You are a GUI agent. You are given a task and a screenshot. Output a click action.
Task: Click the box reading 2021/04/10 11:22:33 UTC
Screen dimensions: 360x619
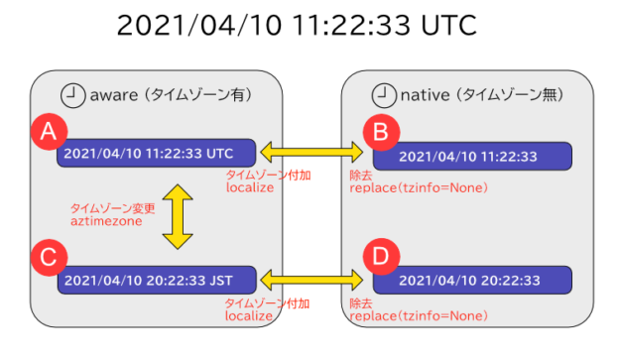point(157,154)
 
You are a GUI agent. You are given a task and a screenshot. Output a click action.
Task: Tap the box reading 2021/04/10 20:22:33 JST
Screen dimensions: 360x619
point(157,279)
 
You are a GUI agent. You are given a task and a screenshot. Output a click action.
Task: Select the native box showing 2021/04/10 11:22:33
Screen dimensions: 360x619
point(472,157)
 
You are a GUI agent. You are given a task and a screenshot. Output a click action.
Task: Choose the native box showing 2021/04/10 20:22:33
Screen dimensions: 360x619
point(472,280)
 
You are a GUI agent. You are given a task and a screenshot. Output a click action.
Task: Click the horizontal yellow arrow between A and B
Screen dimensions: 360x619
point(314,152)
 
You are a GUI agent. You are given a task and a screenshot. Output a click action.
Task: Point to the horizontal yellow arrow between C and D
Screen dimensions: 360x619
point(314,278)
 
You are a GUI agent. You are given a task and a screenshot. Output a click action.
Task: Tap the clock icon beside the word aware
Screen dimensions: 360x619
point(71,95)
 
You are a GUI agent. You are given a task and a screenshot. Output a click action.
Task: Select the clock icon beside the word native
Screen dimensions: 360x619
point(382,95)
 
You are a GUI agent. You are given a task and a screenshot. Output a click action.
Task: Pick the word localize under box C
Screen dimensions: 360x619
point(250,315)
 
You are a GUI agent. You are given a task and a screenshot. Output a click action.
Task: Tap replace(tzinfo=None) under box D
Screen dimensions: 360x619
point(418,315)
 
